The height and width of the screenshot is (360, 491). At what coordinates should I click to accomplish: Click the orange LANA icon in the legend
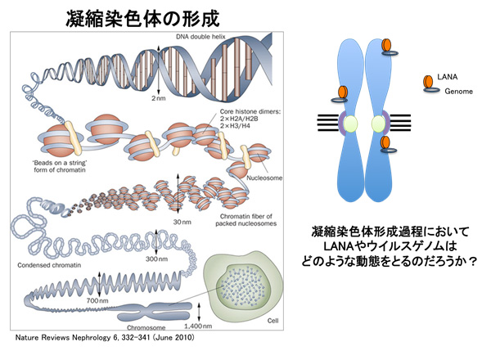pos(428,81)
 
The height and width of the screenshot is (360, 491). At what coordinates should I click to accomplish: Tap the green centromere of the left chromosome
pos(350,124)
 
